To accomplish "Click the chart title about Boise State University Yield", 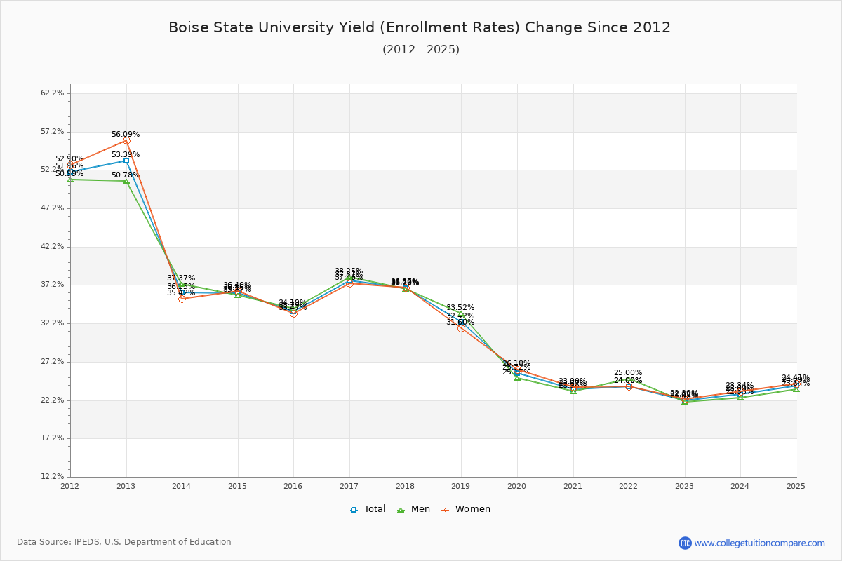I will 420,27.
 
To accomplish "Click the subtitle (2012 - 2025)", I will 421,49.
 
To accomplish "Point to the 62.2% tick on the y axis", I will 53,93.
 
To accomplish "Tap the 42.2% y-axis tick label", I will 53,247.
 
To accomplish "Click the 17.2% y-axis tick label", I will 53,438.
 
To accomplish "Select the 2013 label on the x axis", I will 126,485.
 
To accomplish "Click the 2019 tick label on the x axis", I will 461,485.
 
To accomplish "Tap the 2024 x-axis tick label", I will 740,485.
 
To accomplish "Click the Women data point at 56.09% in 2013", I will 126,141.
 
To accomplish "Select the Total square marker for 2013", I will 126,161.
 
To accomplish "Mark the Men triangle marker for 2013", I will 126,181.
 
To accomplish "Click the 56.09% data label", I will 126,134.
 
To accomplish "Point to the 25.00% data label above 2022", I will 628,372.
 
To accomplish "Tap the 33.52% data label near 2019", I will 460,307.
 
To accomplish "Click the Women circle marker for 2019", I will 461,328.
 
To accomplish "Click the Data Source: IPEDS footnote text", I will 124,542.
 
